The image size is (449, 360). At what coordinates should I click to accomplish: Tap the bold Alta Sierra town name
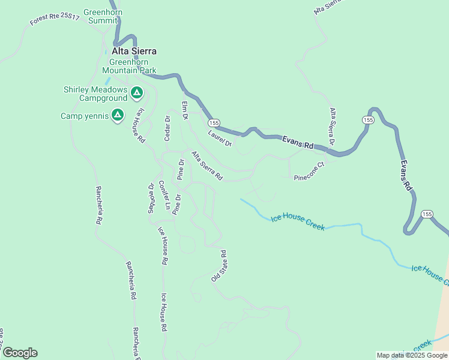pos(134,52)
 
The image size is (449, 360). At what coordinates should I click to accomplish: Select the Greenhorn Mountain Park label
pos(133,66)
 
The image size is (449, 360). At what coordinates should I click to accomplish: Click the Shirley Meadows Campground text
pos(96,94)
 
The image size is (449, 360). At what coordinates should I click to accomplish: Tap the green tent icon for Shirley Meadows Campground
pos(137,93)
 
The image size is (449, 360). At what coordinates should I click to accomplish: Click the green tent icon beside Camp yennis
pos(118,114)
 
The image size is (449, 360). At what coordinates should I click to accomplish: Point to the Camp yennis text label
pos(85,116)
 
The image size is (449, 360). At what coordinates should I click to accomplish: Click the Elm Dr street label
pos(185,110)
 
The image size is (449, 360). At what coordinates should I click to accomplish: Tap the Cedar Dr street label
pos(168,128)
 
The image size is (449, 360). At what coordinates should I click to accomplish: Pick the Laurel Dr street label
pos(220,139)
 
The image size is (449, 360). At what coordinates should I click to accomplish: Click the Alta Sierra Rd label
pos(207,166)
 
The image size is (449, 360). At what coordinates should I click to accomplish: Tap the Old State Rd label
pos(218,266)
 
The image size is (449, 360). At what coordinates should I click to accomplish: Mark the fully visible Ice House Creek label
pos(297,223)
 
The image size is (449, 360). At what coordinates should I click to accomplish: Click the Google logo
pos(20,353)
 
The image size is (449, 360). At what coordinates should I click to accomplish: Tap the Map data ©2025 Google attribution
pos(412,355)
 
